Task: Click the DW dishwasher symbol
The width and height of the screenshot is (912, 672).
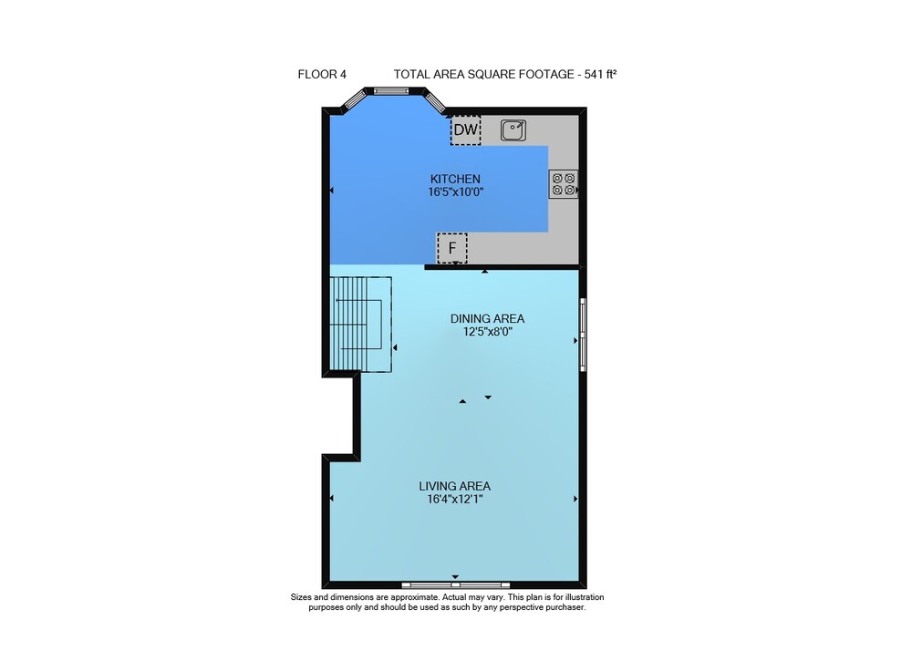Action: (465, 129)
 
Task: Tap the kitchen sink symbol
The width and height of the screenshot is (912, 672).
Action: (513, 130)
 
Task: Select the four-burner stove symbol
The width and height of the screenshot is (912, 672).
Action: (564, 184)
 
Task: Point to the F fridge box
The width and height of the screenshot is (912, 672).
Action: (452, 248)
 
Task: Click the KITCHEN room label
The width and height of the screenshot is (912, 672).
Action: (455, 179)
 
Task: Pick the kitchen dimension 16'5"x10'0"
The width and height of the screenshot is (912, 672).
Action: (456, 191)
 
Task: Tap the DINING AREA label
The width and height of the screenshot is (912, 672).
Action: (487, 318)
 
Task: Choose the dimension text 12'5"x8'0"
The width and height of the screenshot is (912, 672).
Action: (487, 332)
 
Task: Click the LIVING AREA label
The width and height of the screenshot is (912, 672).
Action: (455, 486)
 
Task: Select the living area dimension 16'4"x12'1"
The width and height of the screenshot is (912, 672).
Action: (455, 500)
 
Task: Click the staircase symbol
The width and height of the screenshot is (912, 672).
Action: (360, 325)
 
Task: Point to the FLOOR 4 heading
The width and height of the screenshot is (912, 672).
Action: (322, 75)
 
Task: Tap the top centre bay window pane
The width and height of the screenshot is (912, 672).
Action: (392, 90)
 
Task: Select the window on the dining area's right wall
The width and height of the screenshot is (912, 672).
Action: (583, 335)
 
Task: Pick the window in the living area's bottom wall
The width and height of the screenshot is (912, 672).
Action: (456, 584)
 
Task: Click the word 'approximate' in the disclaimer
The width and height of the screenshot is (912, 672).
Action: (417, 597)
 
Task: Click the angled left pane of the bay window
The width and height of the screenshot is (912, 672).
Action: (354, 100)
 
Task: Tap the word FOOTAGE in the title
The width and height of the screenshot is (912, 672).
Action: (546, 75)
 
